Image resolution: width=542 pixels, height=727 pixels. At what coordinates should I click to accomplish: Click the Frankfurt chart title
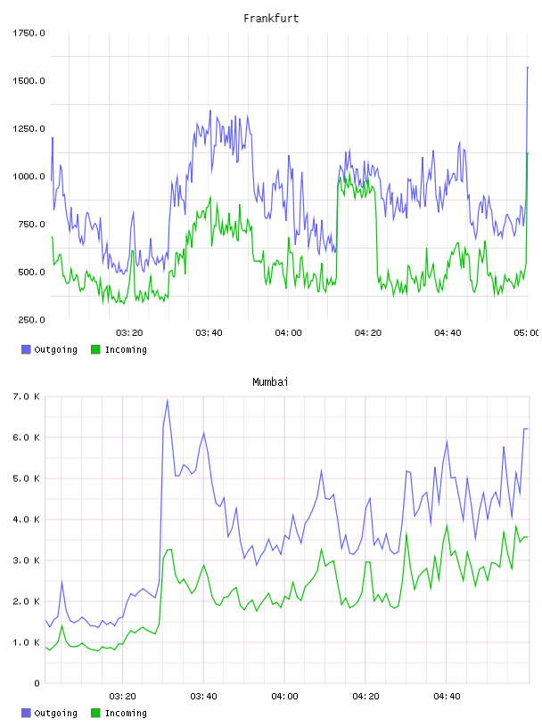point(271,19)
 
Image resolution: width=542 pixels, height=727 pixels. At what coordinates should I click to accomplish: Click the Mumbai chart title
point(270,382)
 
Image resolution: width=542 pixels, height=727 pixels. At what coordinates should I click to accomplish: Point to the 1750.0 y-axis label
point(29,33)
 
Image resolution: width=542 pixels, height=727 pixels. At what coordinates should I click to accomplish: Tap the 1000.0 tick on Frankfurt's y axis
point(29,176)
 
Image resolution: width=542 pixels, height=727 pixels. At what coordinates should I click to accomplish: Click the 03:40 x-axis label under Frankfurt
point(209,333)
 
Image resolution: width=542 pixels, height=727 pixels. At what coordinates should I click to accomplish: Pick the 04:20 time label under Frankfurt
point(368,333)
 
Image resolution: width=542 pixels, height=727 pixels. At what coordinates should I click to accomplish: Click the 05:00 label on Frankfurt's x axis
point(526,333)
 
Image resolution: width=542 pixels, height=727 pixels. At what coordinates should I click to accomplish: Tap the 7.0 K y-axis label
point(26,396)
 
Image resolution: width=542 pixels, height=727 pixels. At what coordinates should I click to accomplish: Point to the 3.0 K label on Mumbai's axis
point(26,560)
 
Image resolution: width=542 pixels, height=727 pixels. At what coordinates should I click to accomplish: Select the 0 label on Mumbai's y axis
point(37,683)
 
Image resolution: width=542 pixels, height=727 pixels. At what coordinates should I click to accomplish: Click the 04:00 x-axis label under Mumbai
point(284,697)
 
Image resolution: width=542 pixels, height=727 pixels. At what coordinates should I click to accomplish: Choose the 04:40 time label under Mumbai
point(447,697)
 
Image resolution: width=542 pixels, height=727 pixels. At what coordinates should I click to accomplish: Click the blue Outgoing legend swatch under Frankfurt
point(26,349)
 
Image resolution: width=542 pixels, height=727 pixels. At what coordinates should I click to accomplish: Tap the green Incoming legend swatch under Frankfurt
point(95,349)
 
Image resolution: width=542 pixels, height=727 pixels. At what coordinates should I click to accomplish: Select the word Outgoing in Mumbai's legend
point(55,713)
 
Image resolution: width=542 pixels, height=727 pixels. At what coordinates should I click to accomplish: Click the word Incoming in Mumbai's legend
point(126,713)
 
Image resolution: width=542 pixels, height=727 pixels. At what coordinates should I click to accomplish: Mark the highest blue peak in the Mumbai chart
point(167,400)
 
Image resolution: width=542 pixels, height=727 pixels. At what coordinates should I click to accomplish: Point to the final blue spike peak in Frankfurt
point(528,68)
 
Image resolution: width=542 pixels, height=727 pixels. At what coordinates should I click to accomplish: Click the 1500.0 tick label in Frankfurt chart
point(29,81)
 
